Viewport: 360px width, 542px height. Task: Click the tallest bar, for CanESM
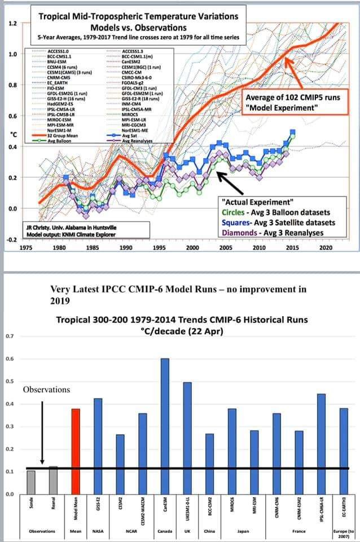165,426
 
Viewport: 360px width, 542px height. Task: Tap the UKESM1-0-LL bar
187,438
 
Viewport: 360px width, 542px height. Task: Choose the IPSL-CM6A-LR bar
321,444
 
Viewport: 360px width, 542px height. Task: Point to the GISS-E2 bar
98,446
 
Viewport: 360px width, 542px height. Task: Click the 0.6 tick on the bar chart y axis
10,359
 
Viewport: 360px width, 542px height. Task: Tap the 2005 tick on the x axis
226,247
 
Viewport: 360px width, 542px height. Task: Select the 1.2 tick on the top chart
12,24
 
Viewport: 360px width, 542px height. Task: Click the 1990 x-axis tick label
126,247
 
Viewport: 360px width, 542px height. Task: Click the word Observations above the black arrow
46,390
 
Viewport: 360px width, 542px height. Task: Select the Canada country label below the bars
165,531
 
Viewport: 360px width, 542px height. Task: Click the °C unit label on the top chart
12,134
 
